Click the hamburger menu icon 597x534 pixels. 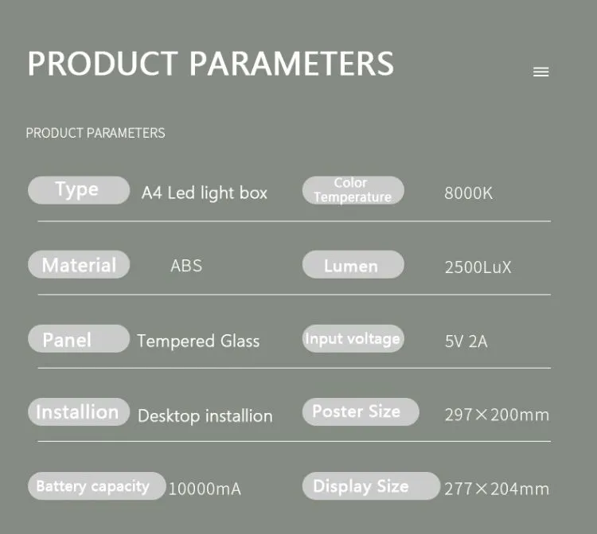tap(541, 72)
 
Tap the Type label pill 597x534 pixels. tap(78, 190)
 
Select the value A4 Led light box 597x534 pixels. tap(205, 193)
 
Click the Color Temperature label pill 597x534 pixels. tap(353, 190)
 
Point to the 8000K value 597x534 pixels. tap(469, 193)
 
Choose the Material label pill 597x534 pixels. tap(78, 265)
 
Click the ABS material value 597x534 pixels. tap(186, 266)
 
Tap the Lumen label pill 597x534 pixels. tap(353, 266)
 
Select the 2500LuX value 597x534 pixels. tap(478, 267)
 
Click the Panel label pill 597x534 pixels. tap(78, 339)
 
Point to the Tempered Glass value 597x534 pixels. tap(198, 341)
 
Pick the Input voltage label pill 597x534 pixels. tap(353, 339)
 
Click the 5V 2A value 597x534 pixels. tap(466, 342)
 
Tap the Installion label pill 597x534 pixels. tap(78, 412)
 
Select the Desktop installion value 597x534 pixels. tap(205, 416)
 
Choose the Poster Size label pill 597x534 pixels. tap(360, 411)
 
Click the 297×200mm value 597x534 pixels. tap(497, 415)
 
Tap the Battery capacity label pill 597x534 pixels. tap(96, 486)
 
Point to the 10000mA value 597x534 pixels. tap(205, 489)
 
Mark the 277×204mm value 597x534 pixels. tap(497, 489)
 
